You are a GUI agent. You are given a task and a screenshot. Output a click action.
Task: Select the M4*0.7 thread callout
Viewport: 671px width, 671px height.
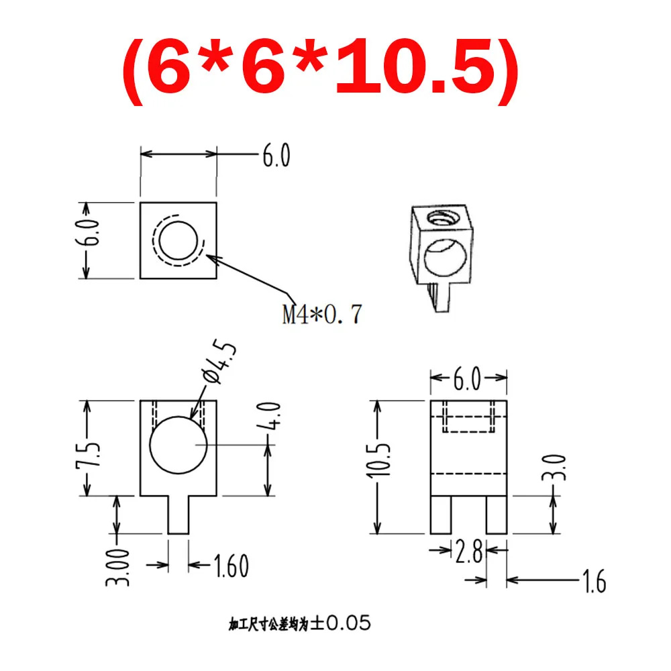pyautogui.click(x=321, y=314)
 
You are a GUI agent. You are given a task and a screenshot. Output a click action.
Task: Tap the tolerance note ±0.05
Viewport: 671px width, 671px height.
pyautogui.click(x=299, y=623)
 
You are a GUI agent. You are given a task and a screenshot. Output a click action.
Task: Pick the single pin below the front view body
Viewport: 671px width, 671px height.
pyautogui.click(x=178, y=515)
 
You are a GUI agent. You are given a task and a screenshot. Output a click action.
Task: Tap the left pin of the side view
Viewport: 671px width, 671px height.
pyautogui.click(x=440, y=515)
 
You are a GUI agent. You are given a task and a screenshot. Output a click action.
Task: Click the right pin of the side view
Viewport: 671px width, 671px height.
pyautogui.click(x=497, y=515)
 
